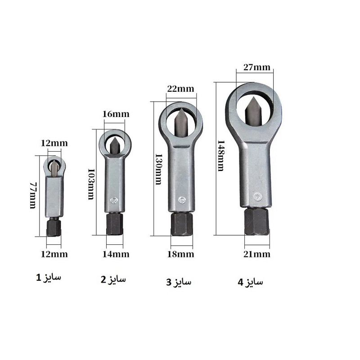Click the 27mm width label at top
(254, 67)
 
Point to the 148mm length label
(220, 155)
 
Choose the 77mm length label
(33, 195)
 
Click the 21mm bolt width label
(257, 254)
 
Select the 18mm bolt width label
(181, 254)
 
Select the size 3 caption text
(179, 282)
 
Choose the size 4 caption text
(251, 282)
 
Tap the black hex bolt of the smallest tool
(54, 228)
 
